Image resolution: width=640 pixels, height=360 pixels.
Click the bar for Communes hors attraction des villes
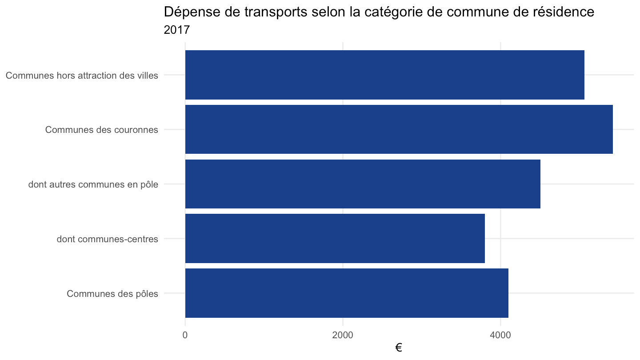coord(384,75)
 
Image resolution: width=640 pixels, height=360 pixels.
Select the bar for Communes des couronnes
coord(399,129)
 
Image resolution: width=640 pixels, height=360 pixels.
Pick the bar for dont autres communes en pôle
coord(363,184)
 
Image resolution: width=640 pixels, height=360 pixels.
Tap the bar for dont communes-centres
coord(335,238)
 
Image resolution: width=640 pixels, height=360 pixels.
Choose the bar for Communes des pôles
coord(347,293)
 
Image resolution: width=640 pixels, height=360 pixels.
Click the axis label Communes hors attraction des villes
coord(82,76)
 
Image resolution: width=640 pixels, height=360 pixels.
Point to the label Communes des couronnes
coord(101,130)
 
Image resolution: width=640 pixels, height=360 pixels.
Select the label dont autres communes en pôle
coord(93,184)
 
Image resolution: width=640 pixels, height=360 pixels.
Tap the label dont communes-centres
coord(107,239)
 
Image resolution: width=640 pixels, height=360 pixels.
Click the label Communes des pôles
coord(112,293)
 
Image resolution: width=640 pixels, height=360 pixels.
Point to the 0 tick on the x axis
coord(185,335)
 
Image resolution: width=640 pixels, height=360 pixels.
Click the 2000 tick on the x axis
coord(343,335)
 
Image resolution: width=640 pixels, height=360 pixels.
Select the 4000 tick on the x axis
coord(500,335)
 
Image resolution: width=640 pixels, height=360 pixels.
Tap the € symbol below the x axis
coord(399,348)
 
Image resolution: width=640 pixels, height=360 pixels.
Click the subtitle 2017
coord(176,30)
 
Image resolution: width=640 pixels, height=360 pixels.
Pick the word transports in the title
coord(276,12)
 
